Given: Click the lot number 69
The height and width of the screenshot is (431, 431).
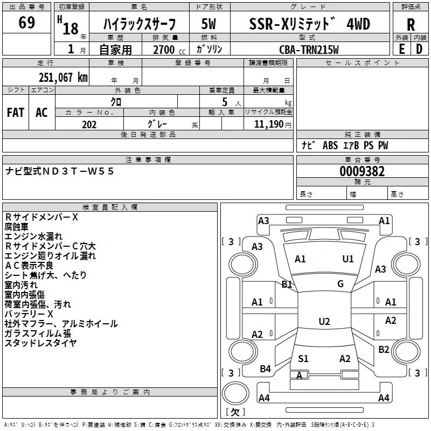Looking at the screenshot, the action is tap(26, 22).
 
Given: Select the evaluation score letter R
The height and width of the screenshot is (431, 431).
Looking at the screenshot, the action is tap(411, 25).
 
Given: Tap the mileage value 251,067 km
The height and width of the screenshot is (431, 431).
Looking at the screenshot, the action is tap(63, 77).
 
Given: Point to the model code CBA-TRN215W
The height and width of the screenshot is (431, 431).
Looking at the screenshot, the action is tap(309, 50).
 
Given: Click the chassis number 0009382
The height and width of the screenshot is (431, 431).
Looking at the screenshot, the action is tap(362, 171).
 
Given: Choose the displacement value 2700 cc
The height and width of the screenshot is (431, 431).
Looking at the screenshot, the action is tap(169, 50).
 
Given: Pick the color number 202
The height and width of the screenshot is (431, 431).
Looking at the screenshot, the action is tap(89, 124).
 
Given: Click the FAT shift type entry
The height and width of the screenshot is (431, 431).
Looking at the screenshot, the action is tap(16, 113).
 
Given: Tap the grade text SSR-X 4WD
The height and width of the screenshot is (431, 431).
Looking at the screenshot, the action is tap(309, 24).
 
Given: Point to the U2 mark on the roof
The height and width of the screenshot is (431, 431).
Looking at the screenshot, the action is tap(324, 321).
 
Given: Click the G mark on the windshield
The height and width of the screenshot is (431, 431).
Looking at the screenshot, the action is tap(340, 284).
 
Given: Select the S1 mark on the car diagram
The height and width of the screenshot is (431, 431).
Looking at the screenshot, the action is tap(303, 358).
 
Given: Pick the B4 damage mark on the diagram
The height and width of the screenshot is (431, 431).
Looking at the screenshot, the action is tap(265, 369).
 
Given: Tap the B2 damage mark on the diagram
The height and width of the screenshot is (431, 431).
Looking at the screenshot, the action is tap(384, 349).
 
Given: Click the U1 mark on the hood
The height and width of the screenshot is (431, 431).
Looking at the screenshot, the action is tap(347, 259).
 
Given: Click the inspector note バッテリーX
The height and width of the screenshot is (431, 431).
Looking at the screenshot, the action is tap(29, 314).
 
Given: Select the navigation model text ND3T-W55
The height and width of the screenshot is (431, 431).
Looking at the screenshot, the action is tap(78, 171).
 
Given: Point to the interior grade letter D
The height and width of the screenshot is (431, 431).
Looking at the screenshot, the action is tap(419, 49).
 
